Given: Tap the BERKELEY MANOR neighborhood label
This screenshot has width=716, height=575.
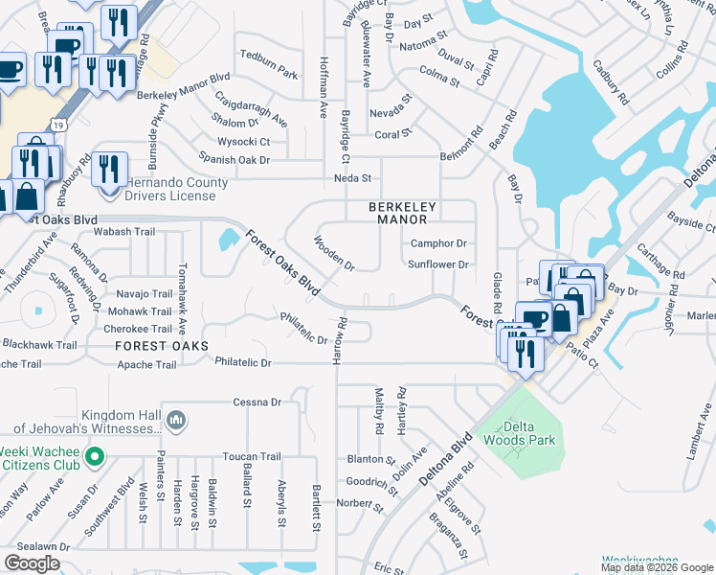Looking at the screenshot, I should point(403,213).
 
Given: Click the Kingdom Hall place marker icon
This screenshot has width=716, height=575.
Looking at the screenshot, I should point(175,420).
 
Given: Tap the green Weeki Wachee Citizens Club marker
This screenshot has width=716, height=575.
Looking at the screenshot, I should point(94,457).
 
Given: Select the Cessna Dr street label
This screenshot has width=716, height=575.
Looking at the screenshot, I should point(257,402).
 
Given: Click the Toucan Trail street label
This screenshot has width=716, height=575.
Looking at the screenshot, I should point(251,457).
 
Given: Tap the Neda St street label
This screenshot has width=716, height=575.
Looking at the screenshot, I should point(351,178).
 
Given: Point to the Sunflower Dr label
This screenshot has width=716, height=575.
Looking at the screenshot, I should point(437,264).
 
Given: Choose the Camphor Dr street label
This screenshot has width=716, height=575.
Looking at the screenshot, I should point(438,243).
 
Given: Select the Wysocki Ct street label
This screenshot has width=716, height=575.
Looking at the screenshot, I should point(244,142).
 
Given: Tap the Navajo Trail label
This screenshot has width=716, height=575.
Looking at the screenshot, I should point(144,294).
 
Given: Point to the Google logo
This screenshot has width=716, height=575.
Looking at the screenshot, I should point(32,563).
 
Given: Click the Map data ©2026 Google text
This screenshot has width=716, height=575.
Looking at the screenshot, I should point(657,567).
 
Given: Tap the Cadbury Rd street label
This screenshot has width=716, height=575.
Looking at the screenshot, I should point(610,84).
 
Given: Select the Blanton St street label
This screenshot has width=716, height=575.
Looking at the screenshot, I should point(365,458).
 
